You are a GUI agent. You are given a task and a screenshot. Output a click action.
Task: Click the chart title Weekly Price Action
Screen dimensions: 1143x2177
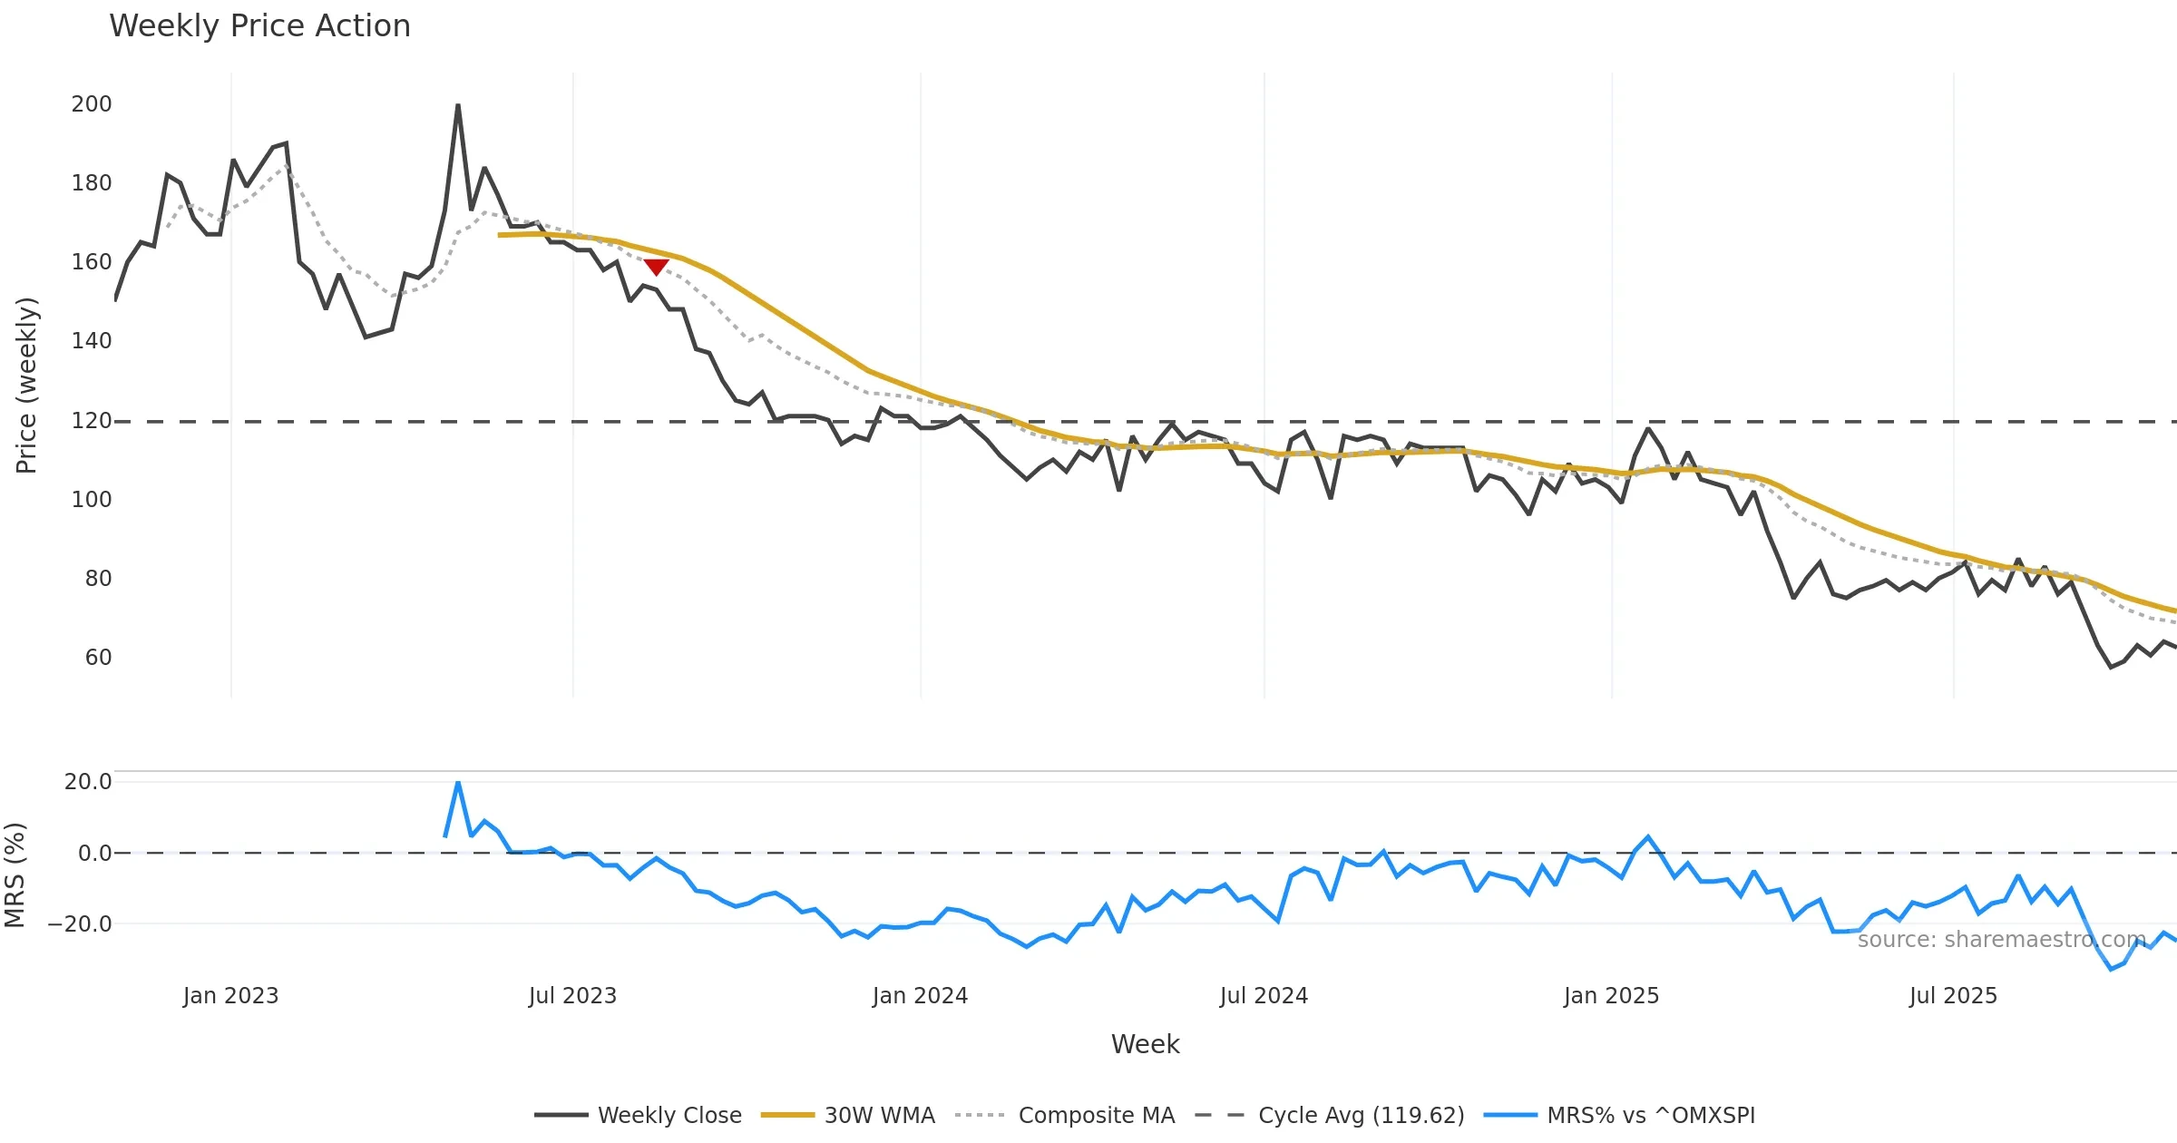pyautogui.click(x=259, y=26)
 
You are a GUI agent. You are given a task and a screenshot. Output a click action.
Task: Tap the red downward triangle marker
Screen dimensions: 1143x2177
pyautogui.click(x=656, y=267)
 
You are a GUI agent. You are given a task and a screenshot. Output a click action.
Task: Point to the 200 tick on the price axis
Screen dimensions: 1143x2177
pyautogui.click(x=92, y=104)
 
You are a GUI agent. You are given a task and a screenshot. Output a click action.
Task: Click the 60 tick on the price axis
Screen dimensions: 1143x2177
pyautogui.click(x=98, y=658)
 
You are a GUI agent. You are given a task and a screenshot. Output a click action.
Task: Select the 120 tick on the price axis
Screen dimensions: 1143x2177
pyautogui.click(x=92, y=421)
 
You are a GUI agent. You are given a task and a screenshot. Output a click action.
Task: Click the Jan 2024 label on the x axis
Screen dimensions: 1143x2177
pyautogui.click(x=920, y=996)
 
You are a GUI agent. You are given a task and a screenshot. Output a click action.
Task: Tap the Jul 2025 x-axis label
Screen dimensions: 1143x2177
pyautogui.click(x=1953, y=996)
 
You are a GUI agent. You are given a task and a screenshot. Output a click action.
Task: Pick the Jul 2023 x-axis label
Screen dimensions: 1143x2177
pyautogui.click(x=572, y=996)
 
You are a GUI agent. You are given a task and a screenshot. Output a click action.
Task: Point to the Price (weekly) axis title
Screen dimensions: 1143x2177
pyautogui.click(x=27, y=386)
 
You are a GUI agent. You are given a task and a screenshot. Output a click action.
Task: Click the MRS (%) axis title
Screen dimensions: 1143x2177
pyautogui.click(x=15, y=875)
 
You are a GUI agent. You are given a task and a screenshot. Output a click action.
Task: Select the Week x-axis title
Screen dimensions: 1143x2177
pyautogui.click(x=1145, y=1045)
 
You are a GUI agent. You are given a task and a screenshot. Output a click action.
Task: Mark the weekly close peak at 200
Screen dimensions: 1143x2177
pyautogui.click(x=458, y=105)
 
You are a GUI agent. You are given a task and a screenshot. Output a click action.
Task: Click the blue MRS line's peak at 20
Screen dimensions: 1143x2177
pyautogui.click(x=458, y=782)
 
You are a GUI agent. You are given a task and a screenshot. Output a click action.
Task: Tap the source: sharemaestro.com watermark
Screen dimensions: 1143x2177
pyautogui.click(x=2001, y=940)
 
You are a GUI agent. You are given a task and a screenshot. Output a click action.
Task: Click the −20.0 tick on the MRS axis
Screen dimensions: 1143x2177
pyautogui.click(x=80, y=924)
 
